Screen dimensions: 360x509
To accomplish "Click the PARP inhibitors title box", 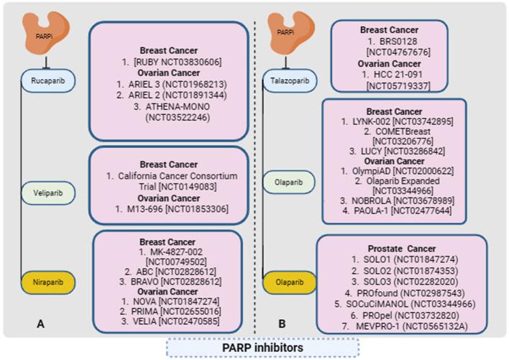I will click(x=254, y=348).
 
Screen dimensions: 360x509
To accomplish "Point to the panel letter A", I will click(x=42, y=324).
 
